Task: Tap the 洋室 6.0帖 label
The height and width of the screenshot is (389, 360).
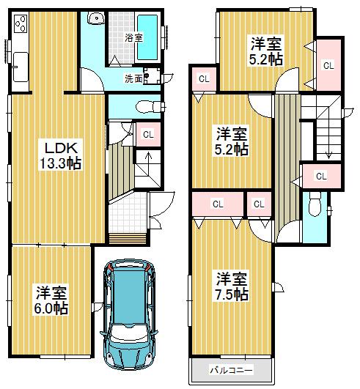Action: coord(51,300)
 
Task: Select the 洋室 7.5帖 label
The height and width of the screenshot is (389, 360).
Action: coord(231,286)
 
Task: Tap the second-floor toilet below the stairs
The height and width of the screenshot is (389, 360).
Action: coord(316,206)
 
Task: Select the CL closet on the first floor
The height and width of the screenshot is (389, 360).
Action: coord(148,134)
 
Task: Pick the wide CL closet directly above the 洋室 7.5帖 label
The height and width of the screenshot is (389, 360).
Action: coord(218,204)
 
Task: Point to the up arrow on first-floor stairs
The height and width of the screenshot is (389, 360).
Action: coord(148,157)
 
